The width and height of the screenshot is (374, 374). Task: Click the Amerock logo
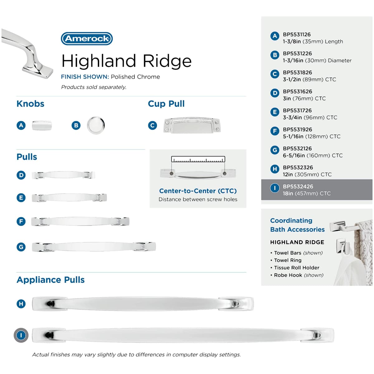coord(87,38)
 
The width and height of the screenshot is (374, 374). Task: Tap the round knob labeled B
coord(96,125)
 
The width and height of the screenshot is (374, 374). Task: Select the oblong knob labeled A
coord(42,125)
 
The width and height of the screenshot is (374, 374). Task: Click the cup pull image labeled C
coord(192,125)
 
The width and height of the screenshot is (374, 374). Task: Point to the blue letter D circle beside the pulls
coord(21,175)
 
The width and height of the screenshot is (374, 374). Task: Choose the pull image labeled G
coord(94,247)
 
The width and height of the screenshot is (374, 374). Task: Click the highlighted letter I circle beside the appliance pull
coord(21,335)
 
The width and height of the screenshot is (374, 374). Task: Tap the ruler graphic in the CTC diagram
coord(198,159)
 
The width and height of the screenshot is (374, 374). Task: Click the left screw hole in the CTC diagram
coord(171,174)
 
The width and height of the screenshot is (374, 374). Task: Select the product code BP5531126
coord(297,35)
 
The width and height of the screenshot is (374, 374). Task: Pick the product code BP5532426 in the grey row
coord(298,186)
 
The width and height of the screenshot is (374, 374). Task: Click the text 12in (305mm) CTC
coord(307,175)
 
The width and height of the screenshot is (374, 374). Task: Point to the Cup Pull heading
coord(166,104)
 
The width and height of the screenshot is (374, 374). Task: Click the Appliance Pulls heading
coord(51,280)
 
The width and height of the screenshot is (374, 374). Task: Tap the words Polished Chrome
coord(135,77)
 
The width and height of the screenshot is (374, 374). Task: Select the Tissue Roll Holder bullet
coord(295,268)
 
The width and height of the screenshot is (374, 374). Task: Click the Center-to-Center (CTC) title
coord(198,191)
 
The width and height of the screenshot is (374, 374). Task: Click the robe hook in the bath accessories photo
coord(343,247)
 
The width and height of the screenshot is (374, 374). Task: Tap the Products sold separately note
coord(94,87)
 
